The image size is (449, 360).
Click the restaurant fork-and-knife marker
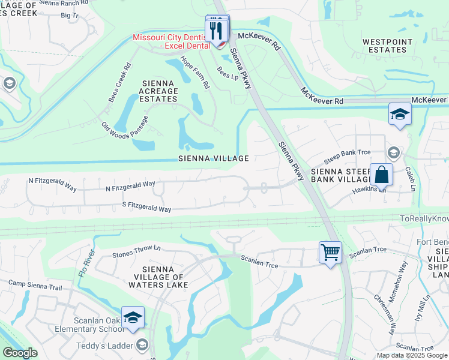tap(217, 30)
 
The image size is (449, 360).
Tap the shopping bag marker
tap(381, 175)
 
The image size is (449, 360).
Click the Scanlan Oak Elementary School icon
tap(133, 317)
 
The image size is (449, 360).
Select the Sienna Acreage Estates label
tap(159, 91)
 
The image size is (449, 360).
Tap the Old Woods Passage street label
tap(124, 128)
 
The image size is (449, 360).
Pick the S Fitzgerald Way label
tap(146, 208)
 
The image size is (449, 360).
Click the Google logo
tap(20, 353)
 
